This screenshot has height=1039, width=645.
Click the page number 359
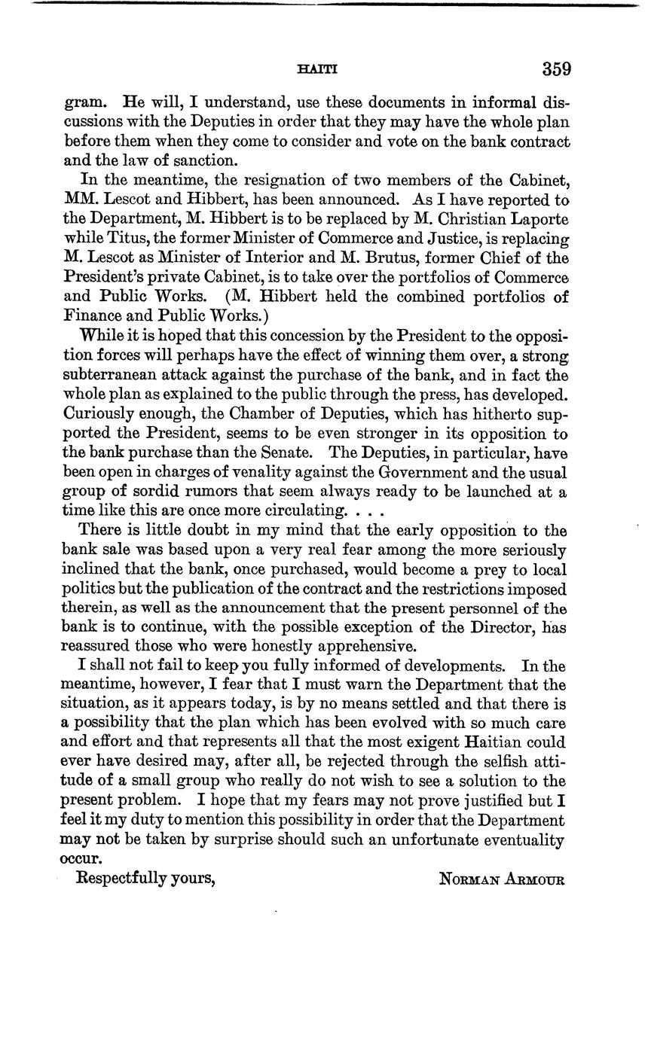(556, 69)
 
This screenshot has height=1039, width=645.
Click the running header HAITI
(317, 70)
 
